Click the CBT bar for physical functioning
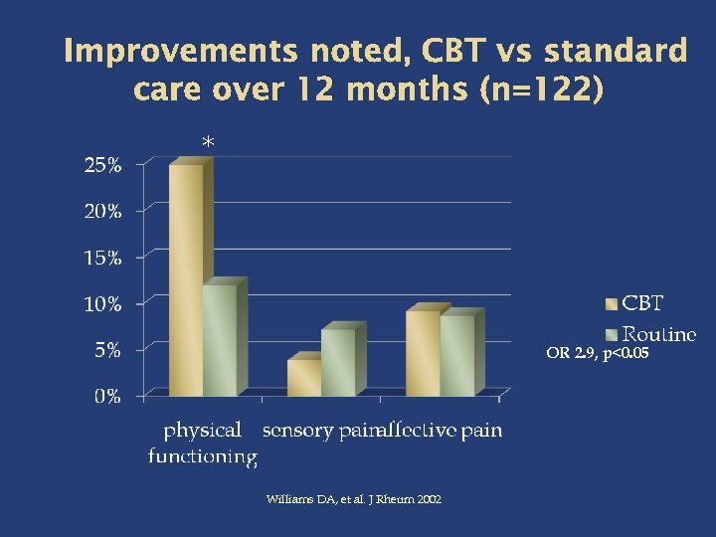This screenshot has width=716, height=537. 186,280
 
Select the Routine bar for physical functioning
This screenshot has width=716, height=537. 220,341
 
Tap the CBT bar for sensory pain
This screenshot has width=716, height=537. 304,378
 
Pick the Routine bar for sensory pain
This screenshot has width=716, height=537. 338,363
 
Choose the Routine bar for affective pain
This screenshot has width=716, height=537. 457,356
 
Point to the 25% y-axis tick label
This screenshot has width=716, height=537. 101,166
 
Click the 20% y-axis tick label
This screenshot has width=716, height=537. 101,212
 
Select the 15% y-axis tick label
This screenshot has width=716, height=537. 101,258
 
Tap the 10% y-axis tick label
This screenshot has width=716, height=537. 101,304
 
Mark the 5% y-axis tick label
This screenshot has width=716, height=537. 106,350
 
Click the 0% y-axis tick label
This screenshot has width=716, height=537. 106,397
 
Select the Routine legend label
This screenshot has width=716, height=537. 659,334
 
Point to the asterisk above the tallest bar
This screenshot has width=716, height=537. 208,144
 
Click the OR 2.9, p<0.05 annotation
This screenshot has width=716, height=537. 597,352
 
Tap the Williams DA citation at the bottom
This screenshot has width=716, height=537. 354,499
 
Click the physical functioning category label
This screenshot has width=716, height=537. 203,444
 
